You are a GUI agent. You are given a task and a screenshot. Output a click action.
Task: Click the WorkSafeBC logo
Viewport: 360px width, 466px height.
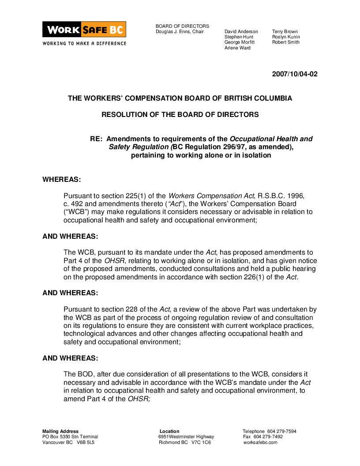pos(84,30)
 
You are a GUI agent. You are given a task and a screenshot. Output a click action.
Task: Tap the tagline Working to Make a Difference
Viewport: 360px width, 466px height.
pos(84,43)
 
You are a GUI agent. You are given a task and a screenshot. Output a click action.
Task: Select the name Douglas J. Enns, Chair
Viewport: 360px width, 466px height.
pos(180,32)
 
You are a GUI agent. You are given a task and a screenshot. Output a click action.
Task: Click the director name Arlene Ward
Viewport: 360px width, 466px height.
pos(237,48)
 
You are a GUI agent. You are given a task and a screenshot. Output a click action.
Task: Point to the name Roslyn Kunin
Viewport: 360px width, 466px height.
pos(286,37)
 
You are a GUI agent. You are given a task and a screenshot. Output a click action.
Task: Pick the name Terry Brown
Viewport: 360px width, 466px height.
pos(285,32)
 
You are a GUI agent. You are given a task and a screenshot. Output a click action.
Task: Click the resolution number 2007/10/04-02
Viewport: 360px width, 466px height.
pos(295,74)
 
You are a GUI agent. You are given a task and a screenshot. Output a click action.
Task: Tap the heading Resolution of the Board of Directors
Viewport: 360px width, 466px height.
pos(180,115)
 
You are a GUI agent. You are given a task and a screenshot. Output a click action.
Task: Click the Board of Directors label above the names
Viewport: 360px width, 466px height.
pos(182,26)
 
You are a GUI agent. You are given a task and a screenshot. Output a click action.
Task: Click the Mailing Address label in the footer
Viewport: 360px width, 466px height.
pos(60,432)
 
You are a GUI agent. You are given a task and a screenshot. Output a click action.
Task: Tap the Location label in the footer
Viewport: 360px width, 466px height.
pos(169,432)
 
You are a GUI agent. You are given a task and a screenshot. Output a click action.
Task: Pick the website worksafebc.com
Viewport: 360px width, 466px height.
pos(260,443)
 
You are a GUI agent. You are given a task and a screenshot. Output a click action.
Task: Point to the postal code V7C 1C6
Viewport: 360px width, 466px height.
pos(201,443)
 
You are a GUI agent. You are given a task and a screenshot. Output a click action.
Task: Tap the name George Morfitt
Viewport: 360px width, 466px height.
pos(239,42)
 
